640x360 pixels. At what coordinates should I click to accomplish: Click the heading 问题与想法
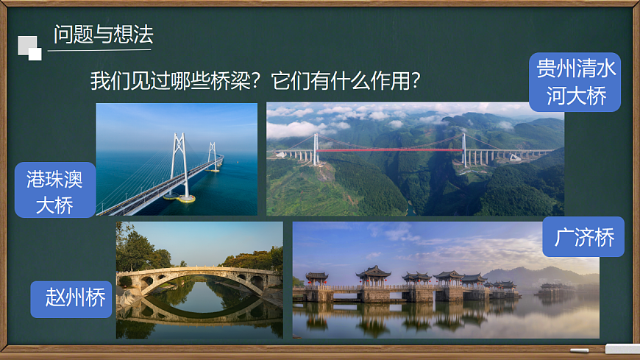(103, 34)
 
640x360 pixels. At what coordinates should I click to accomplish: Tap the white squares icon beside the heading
(29, 48)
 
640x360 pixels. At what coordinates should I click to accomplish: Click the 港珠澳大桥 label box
(54, 190)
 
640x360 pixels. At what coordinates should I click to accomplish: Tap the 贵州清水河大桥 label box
(575, 82)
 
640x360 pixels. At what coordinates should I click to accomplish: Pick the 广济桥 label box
(583, 237)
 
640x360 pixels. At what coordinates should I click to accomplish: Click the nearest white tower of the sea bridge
(179, 166)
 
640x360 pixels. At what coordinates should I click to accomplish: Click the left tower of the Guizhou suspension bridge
(316, 147)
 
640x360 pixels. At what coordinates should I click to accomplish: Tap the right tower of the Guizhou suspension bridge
(463, 147)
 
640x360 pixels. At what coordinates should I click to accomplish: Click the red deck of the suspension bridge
(390, 150)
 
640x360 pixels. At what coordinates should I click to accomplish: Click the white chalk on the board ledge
(580, 350)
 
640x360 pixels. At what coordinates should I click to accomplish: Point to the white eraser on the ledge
(622, 349)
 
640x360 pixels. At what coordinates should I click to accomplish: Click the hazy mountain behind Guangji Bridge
(530, 276)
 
